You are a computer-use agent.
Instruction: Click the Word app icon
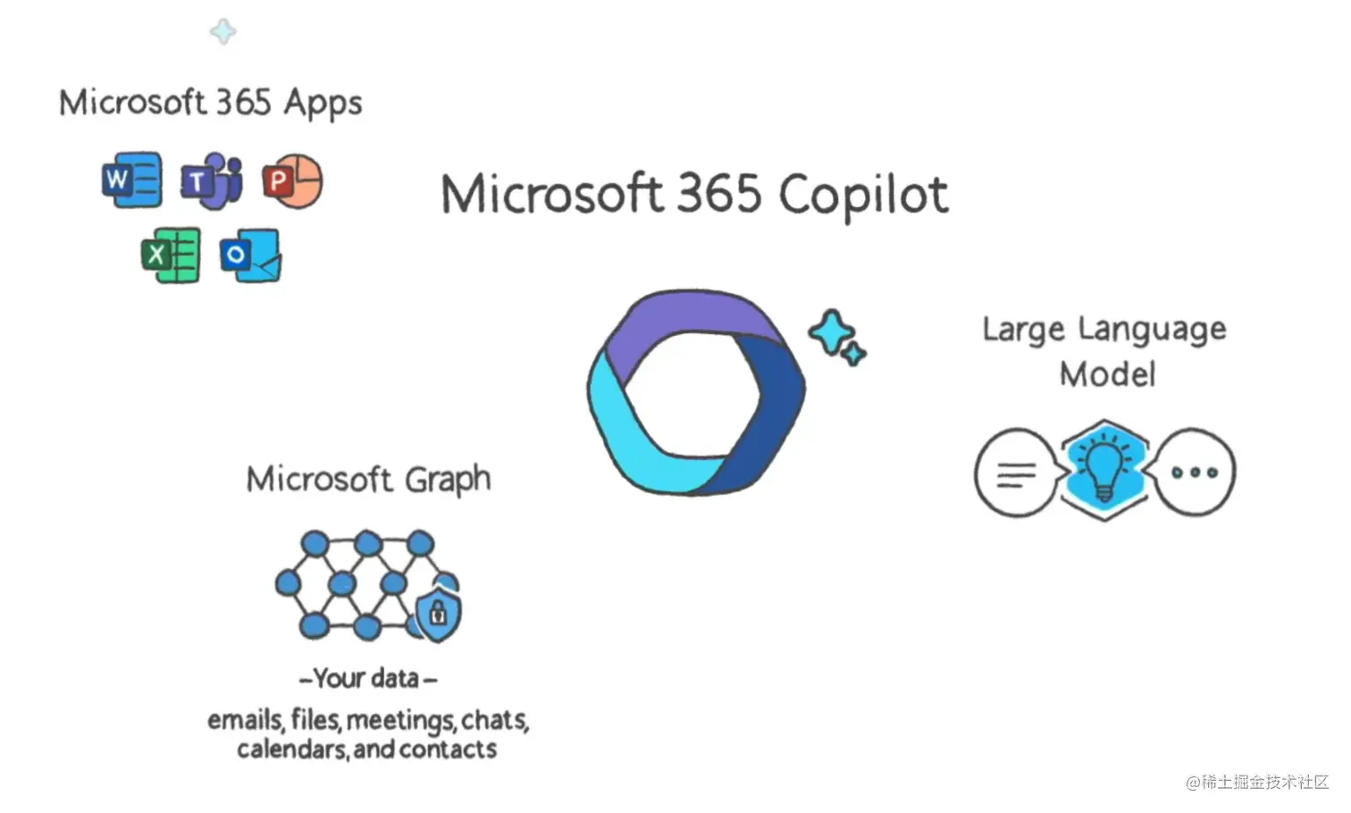point(131,180)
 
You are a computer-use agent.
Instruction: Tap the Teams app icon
point(212,181)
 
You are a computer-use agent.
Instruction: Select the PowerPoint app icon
point(292,181)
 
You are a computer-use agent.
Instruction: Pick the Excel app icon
point(171,256)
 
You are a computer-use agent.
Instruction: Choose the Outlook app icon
point(250,256)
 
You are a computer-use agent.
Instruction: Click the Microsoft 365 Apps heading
point(211,103)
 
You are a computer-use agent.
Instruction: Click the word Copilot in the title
point(862,195)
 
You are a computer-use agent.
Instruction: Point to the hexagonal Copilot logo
point(696,391)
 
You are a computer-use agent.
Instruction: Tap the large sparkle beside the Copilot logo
point(832,331)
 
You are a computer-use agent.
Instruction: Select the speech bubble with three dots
point(1194,472)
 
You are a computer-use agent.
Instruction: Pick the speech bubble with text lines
point(1017,472)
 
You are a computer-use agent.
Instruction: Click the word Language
point(1152,330)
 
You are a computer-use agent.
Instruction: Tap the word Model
point(1107,374)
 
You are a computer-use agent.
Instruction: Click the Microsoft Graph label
point(368,480)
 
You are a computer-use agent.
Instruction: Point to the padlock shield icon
point(438,612)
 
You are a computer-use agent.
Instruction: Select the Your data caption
point(368,679)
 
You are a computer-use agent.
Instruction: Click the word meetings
point(400,720)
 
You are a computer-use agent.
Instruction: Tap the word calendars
point(291,749)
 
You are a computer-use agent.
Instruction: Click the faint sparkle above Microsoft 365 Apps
point(222,31)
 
